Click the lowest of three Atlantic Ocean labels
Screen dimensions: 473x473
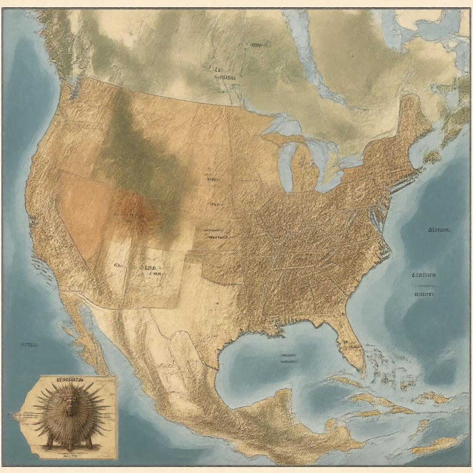pyautogui.click(x=424, y=293)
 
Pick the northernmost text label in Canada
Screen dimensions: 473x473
pyautogui.click(x=255, y=45)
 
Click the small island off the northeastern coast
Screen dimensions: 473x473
pyautogui.click(x=432, y=157)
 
